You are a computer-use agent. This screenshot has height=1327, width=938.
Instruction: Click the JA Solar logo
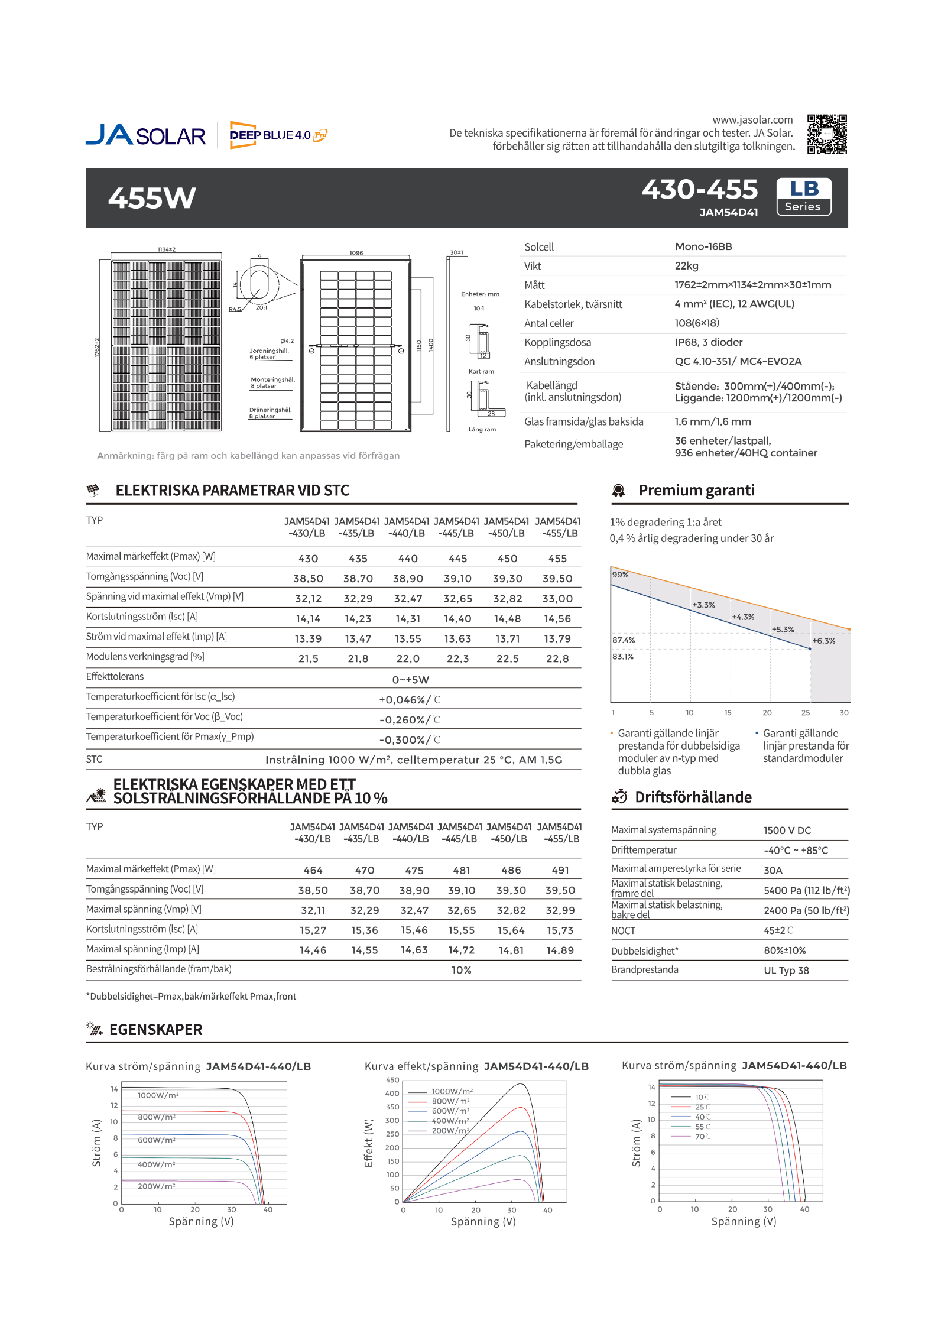point(145,135)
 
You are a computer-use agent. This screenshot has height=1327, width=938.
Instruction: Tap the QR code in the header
point(827,134)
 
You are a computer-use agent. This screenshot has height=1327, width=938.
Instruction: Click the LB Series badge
point(803,197)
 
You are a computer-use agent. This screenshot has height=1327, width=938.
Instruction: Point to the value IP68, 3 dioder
point(708,342)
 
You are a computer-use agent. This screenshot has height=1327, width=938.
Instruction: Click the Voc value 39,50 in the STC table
point(557,579)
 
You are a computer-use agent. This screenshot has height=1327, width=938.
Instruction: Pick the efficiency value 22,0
point(408,658)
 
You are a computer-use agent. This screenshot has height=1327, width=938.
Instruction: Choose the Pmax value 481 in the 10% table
point(462,870)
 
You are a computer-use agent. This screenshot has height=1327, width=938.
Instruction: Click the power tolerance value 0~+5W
point(411,680)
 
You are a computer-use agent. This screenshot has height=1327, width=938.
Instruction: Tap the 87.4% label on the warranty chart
point(624,640)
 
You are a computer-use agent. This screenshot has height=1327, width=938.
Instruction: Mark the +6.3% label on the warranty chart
point(823,641)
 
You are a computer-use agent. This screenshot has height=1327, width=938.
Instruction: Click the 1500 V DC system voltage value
point(787,830)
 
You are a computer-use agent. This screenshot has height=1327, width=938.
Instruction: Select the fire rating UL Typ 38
point(786,971)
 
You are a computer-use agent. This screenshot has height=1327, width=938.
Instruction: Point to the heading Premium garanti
point(696,490)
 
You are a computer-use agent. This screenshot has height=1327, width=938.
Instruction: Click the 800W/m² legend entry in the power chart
point(450,1101)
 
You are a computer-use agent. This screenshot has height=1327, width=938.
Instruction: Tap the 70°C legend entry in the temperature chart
point(702,1137)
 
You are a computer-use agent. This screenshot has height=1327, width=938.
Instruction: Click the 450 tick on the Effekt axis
point(392,1080)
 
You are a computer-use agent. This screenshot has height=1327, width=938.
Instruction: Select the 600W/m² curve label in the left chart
point(157,1140)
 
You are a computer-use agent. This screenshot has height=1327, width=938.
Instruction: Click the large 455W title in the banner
point(152,198)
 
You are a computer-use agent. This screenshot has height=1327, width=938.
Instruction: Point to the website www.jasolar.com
point(752,120)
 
